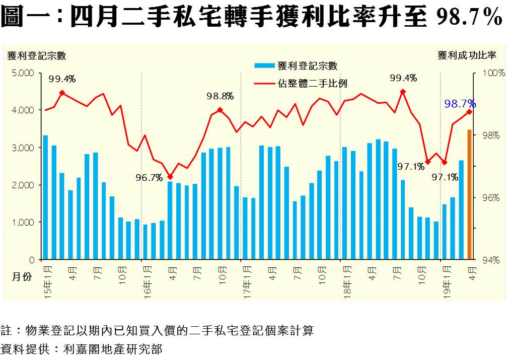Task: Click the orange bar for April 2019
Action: click(x=470, y=195)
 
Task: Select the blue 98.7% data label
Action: click(x=460, y=104)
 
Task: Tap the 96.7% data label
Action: click(x=149, y=177)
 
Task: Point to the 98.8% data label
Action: click(x=221, y=96)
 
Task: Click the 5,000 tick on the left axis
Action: click(x=23, y=73)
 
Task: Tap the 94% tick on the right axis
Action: click(x=493, y=260)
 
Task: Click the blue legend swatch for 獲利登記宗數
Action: click(x=265, y=65)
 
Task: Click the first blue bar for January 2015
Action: click(x=45, y=197)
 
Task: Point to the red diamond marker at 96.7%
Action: click(x=170, y=177)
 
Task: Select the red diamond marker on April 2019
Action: click(x=470, y=112)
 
